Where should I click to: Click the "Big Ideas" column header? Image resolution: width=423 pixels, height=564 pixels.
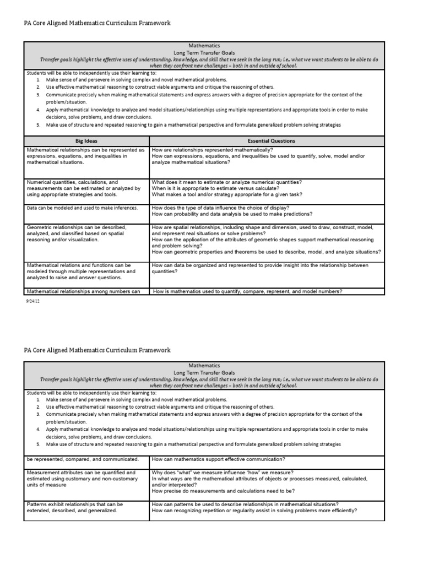(86, 140)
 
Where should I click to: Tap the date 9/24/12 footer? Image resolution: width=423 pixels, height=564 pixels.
(33, 301)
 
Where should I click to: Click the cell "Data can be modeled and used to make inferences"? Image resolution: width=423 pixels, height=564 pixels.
(82, 208)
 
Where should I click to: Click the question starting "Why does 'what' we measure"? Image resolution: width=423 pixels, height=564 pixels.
(223, 473)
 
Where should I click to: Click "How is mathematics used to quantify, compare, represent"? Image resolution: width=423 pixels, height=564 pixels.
(248, 291)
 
